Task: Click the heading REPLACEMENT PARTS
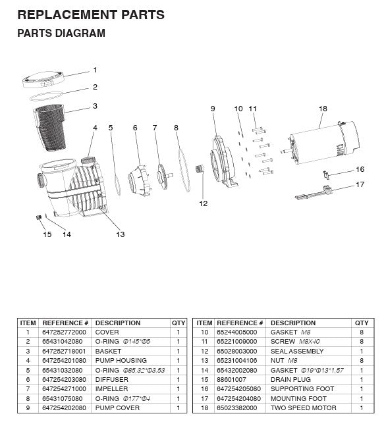[90, 14]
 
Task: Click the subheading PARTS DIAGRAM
[61, 33]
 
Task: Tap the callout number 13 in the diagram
[120, 234]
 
